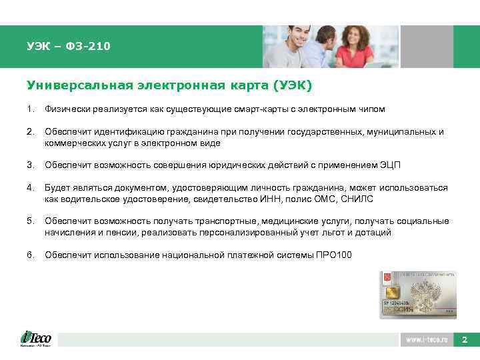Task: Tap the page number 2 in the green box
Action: [x=465, y=340]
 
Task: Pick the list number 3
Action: [x=30, y=165]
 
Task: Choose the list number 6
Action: [x=30, y=255]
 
